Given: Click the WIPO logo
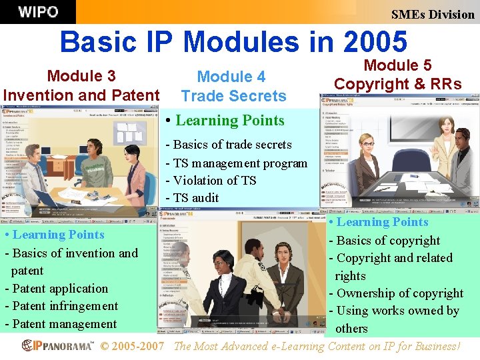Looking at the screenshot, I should click(x=38, y=11).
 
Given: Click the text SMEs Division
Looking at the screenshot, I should click(x=433, y=14).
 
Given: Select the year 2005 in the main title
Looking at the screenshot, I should click(x=373, y=42).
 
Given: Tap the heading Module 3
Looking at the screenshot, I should click(x=81, y=76).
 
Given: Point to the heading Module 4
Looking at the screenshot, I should click(x=231, y=77).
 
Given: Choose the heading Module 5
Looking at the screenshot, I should click(x=397, y=65).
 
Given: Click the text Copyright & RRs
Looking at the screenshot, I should click(x=397, y=84).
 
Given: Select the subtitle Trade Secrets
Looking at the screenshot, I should click(x=233, y=96).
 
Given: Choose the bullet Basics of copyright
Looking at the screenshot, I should click(x=388, y=241).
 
